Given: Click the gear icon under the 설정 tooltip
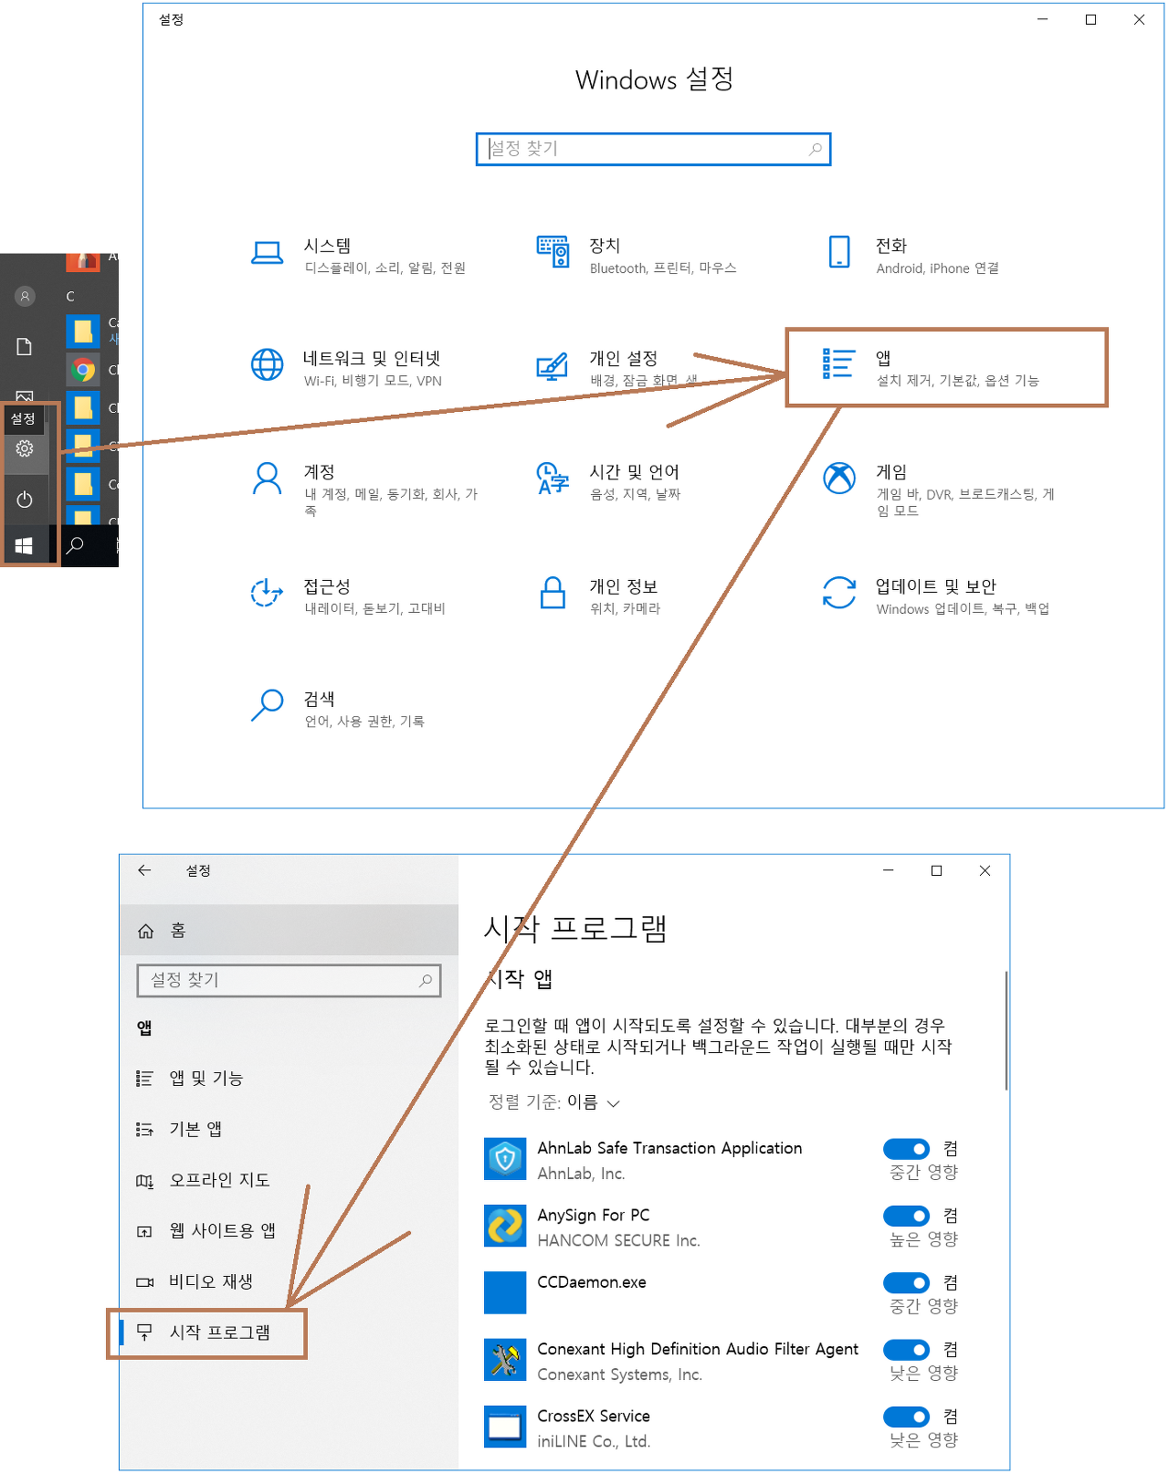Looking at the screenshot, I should click(25, 448).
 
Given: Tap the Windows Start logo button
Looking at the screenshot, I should click(25, 545).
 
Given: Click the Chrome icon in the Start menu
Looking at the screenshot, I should click(83, 370).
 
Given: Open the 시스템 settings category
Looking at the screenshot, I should click(328, 247).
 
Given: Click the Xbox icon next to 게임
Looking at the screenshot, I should click(838, 478).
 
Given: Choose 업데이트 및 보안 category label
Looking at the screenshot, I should click(935, 586).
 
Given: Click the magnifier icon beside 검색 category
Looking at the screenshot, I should click(267, 705).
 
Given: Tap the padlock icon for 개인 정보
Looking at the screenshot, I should click(553, 593).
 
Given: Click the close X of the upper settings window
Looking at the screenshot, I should click(1139, 19).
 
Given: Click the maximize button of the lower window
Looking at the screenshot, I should click(936, 870).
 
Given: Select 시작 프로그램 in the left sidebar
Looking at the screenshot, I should click(219, 1333).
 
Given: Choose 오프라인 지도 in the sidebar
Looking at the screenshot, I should click(219, 1180).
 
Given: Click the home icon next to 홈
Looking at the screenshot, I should click(145, 931).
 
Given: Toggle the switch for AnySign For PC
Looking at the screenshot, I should click(906, 1216).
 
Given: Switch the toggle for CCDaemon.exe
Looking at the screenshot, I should click(906, 1282).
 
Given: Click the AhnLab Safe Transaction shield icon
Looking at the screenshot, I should click(505, 1159).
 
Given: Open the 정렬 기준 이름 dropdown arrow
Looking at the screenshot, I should click(614, 1103).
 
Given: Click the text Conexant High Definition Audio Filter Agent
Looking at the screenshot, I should click(698, 1349).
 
